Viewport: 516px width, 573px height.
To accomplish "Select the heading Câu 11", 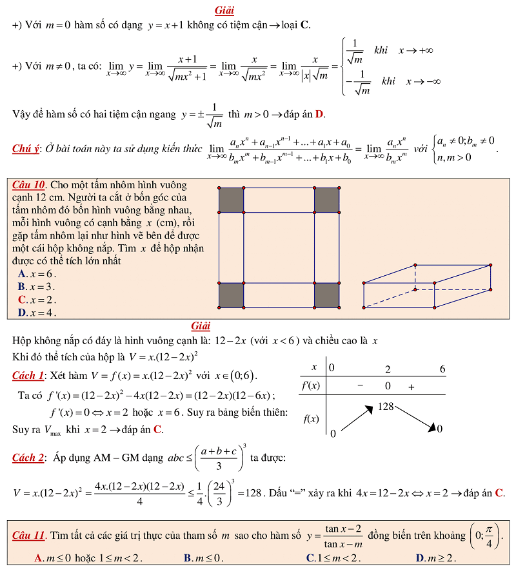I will pyautogui.click(x=29, y=536).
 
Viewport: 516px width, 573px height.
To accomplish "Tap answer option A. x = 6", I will pyautogui.click(x=37, y=273).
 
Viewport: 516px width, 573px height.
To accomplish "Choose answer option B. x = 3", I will pyautogui.click(x=37, y=286).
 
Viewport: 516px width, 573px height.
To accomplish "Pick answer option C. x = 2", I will pyautogui.click(x=37, y=299).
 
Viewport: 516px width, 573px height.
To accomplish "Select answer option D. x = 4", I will pyautogui.click(x=37, y=313).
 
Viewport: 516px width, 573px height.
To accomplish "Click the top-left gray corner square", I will pyautogui.click(x=231, y=200).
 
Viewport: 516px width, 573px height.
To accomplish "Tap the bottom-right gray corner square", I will pyautogui.click(x=326, y=296).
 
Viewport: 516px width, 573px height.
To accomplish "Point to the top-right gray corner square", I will pyautogui.click(x=326, y=200).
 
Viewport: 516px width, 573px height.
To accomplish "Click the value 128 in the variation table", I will pyautogui.click(x=386, y=407).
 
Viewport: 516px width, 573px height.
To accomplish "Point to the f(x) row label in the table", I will pyautogui.click(x=312, y=419).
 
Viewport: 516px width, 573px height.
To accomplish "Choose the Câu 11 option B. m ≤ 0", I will pyautogui.click(x=201, y=558).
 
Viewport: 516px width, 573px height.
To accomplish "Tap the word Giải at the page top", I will pyautogui.click(x=224, y=10).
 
